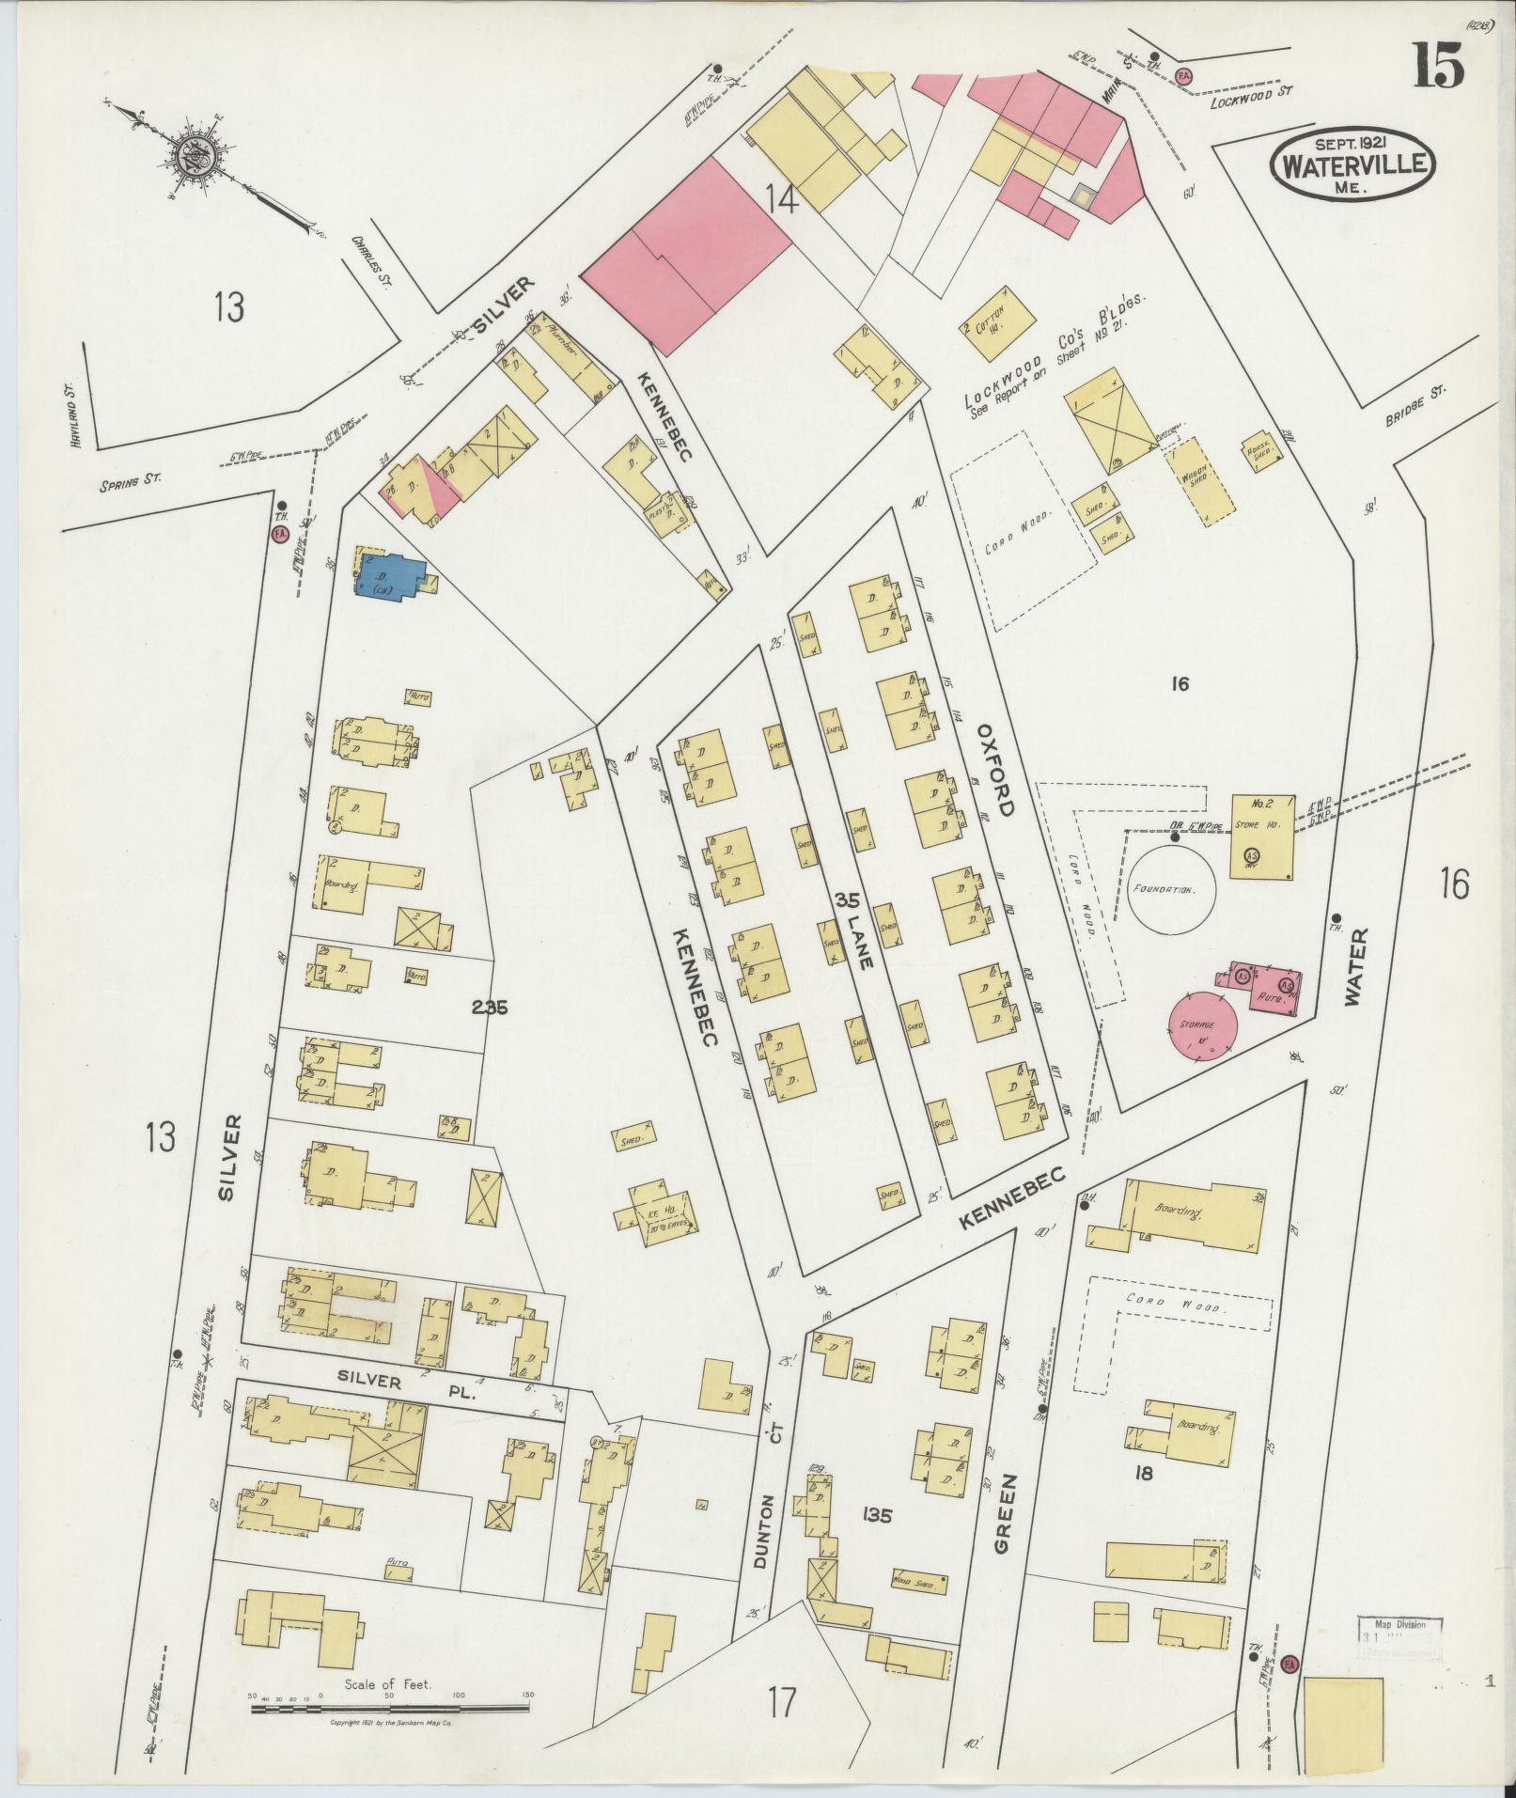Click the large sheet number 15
point(1435,69)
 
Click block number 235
point(489,1008)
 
